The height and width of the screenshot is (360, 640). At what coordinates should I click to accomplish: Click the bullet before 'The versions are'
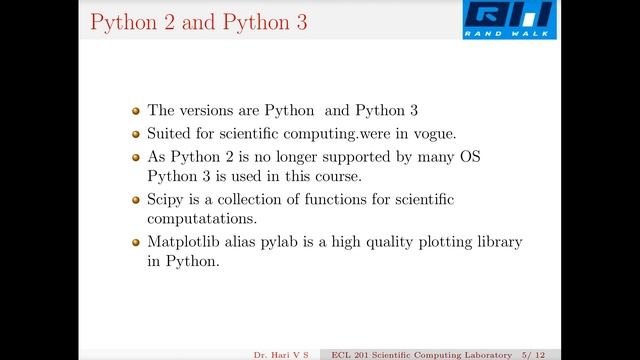pyautogui.click(x=137, y=111)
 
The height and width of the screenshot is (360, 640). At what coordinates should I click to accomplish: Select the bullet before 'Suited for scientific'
pyautogui.click(x=137, y=133)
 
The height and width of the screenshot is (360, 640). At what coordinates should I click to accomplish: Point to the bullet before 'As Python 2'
pyautogui.click(x=137, y=156)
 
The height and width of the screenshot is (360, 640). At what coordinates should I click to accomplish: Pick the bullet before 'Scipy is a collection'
pyautogui.click(x=137, y=199)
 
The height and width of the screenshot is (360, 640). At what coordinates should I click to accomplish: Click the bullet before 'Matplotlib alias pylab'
pyautogui.click(x=137, y=242)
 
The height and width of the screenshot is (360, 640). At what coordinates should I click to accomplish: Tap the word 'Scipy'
pyautogui.click(x=166, y=199)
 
